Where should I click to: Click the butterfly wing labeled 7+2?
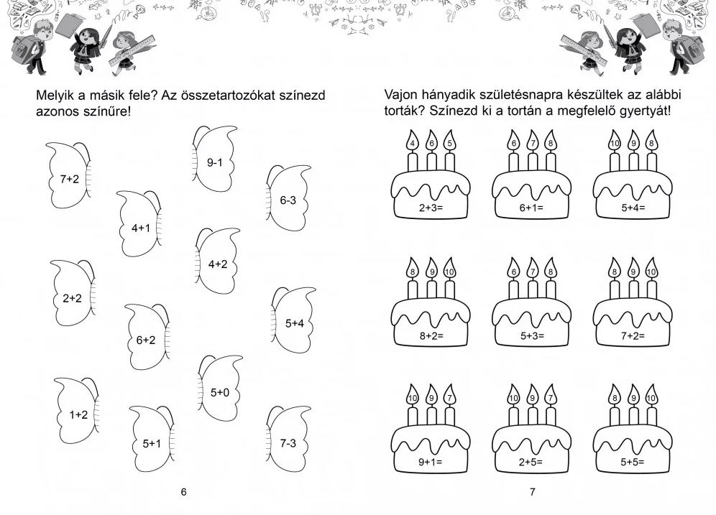point(68,176)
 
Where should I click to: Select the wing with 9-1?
point(215,159)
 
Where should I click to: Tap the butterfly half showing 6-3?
point(288,198)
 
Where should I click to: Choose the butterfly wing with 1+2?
point(77,412)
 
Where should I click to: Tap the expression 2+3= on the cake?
point(431,208)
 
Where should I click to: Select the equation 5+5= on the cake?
point(633,462)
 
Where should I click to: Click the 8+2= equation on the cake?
point(431,336)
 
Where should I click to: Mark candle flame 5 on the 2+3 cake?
point(450,141)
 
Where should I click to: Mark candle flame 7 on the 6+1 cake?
point(533,141)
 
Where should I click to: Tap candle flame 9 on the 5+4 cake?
point(633,141)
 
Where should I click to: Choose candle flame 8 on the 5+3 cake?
point(551,269)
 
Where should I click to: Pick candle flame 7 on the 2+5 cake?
point(551,395)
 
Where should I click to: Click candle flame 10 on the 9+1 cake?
point(413,395)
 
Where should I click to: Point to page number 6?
point(183,492)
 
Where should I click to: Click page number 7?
point(533,492)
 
